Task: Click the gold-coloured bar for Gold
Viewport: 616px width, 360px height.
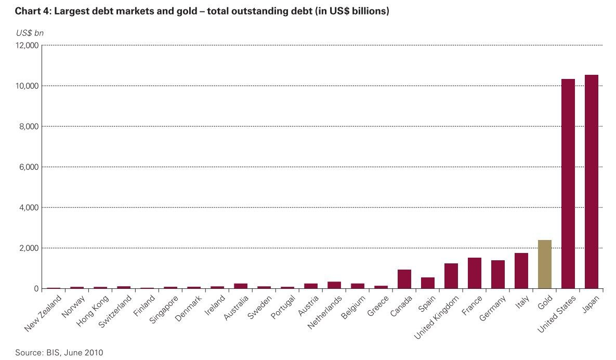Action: pos(544,264)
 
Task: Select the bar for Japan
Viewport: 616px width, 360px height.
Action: pos(591,182)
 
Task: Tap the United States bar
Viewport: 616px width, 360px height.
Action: pos(568,184)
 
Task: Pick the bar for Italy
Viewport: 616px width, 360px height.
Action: pos(521,271)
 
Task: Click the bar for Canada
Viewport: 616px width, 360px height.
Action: pos(404,279)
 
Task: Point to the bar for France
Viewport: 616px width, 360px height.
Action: pos(474,273)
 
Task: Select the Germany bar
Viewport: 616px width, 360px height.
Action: pos(497,274)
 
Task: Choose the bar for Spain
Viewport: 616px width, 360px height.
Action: pos(427,283)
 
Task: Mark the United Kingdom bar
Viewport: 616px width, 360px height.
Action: pos(451,276)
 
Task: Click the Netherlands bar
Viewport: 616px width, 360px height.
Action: pos(334,285)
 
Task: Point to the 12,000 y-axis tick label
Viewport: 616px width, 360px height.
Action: pos(28,45)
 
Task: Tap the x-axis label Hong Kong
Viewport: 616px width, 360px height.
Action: pos(91,310)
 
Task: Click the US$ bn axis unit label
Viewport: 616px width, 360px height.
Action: pos(29,33)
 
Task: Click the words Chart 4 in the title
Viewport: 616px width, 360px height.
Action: pos(31,11)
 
